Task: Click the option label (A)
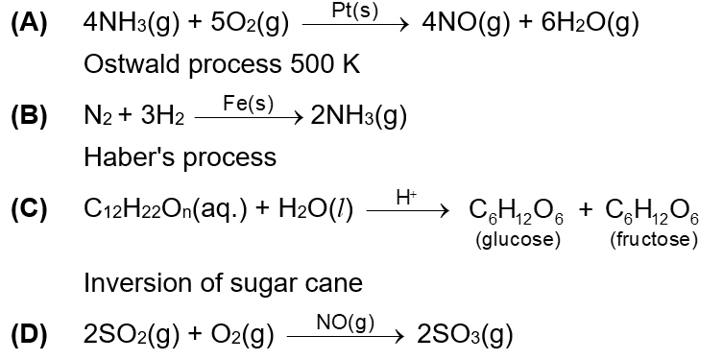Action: click(29, 24)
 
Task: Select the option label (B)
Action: click(29, 117)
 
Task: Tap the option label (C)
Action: click(29, 211)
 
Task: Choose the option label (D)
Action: click(29, 335)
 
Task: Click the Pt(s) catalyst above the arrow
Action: click(353, 11)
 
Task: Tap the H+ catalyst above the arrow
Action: click(406, 197)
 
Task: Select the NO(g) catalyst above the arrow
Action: click(347, 322)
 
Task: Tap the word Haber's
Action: click(122, 156)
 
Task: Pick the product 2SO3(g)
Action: click(467, 335)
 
